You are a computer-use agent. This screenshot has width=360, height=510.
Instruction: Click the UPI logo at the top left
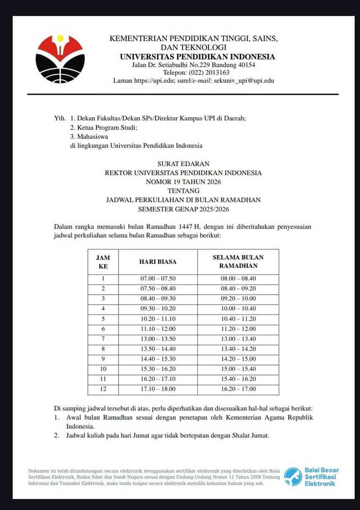coord(60,59)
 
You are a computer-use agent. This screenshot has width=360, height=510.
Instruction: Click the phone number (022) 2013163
coord(209,73)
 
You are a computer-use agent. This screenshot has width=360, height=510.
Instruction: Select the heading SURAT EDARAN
coord(183,164)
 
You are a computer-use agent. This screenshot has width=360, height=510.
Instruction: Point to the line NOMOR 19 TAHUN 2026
coord(183,182)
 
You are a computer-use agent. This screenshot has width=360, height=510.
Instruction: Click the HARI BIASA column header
coord(158,262)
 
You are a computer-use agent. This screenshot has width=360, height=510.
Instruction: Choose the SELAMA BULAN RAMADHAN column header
coord(238,262)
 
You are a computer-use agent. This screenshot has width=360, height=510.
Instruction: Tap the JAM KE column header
coord(103,262)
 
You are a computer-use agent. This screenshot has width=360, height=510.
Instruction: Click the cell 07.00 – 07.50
coord(158,279)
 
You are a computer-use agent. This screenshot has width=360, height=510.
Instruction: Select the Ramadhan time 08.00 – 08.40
coord(238,279)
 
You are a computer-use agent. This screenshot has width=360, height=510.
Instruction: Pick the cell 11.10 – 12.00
coord(158,329)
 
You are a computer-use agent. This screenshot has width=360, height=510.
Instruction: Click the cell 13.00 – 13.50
coord(158,339)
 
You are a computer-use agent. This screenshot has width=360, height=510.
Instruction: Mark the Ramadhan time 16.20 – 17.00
coord(238,389)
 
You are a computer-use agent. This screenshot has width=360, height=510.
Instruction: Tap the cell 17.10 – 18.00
coord(158,389)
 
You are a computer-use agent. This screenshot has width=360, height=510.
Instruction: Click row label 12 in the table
coord(103,389)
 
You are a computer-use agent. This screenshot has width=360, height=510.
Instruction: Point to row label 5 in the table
coord(103,319)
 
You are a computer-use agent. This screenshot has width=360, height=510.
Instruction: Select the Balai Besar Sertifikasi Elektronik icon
coord(293,476)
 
